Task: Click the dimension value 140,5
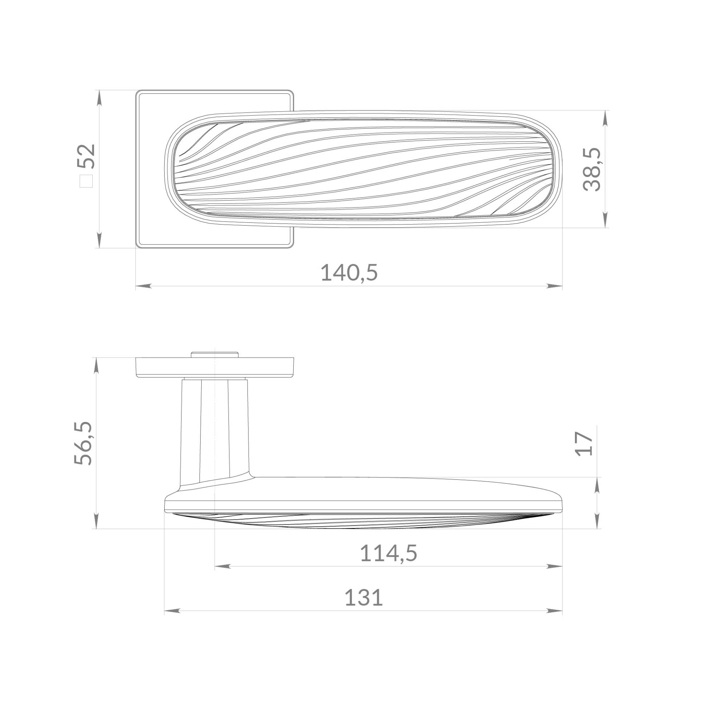point(349,273)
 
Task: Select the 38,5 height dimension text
point(592,169)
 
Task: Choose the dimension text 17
point(584,444)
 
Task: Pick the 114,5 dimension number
point(388,553)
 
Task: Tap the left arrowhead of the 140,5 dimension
point(143,286)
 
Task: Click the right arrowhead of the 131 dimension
point(555,611)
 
